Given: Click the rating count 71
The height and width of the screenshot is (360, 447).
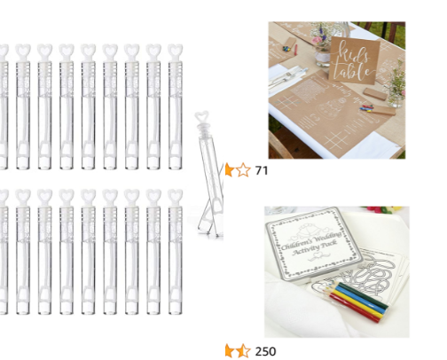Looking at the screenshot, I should [262, 169].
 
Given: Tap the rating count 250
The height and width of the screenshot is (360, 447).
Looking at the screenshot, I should [265, 351].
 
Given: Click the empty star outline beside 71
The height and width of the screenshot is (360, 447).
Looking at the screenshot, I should [243, 169].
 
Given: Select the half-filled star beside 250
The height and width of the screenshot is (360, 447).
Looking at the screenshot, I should [243, 351].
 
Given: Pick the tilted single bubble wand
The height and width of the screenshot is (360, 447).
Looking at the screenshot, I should [207, 177].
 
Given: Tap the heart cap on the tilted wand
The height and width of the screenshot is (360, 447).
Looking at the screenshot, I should [202, 117].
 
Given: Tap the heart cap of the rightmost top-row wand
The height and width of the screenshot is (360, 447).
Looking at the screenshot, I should [174, 51].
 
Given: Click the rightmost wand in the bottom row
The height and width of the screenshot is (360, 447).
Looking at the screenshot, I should [174, 253].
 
